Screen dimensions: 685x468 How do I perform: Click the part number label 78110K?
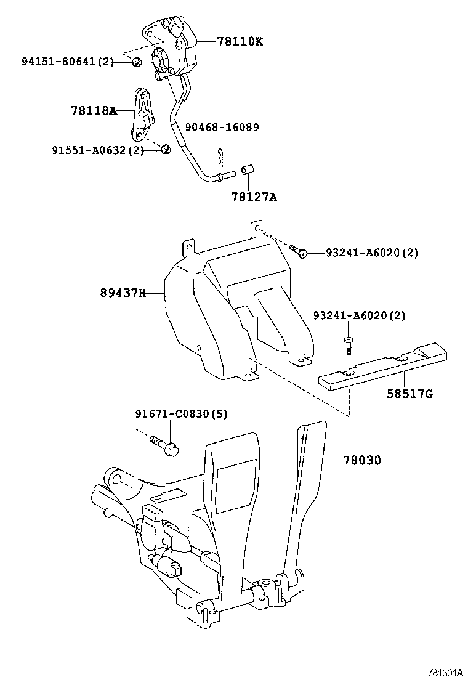coord(240,42)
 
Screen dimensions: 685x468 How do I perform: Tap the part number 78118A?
coord(93,111)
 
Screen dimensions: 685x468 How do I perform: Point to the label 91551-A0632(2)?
coord(97,150)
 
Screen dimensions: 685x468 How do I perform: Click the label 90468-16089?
coord(223,128)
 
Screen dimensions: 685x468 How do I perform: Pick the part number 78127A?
coord(254,197)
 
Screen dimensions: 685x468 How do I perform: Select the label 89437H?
coord(123,293)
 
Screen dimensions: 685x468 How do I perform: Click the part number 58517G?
coord(409,392)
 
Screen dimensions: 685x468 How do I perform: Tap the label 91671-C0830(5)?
coord(181,415)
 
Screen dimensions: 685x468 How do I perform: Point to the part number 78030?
coord(361,460)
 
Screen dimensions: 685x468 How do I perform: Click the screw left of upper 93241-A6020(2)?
coord(298,251)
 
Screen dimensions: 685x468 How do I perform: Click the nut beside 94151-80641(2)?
coord(137,61)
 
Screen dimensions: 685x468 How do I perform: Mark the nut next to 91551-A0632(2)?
coord(165,149)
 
